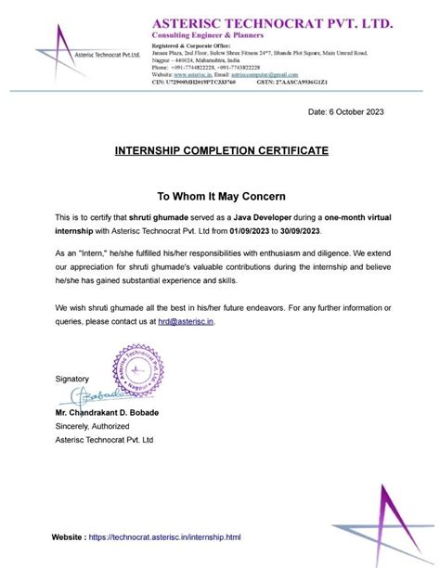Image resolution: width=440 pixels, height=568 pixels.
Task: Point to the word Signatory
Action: [x=71, y=379]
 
